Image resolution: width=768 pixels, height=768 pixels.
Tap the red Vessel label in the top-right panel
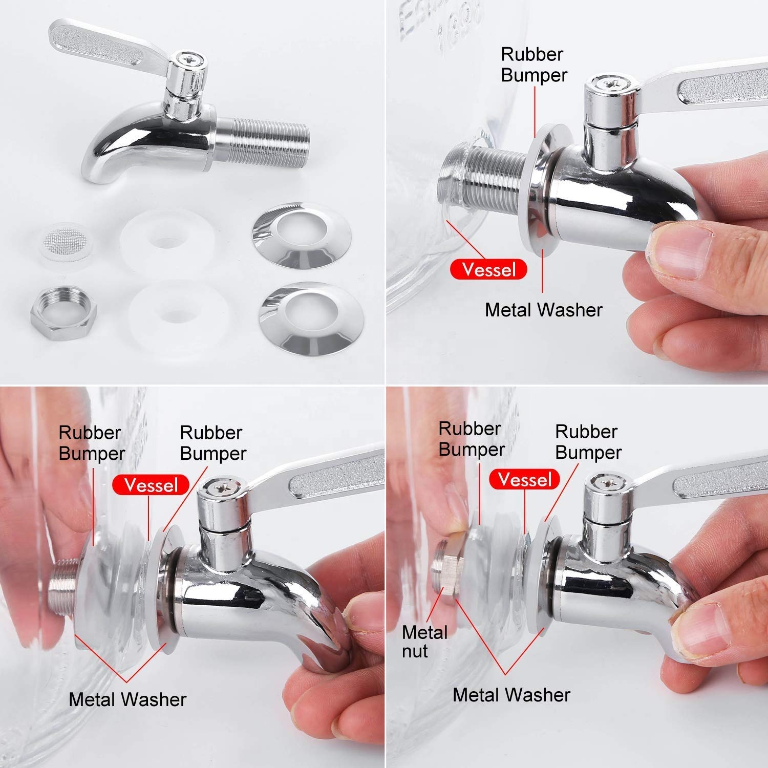pyautogui.click(x=488, y=269)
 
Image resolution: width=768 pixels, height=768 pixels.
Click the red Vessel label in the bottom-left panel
pyautogui.click(x=151, y=484)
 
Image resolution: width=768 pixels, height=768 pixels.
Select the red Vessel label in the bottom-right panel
pyautogui.click(x=525, y=480)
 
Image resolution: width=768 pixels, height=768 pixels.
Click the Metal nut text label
pyautogui.click(x=424, y=642)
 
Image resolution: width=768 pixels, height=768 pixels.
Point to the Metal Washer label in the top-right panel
pyautogui.click(x=543, y=310)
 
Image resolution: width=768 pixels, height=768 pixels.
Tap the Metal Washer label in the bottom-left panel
pyautogui.click(x=127, y=699)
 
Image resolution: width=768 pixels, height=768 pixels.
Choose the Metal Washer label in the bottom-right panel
pyautogui.click(x=511, y=695)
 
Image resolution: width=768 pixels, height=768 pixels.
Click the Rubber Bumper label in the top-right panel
pyautogui.click(x=534, y=65)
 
